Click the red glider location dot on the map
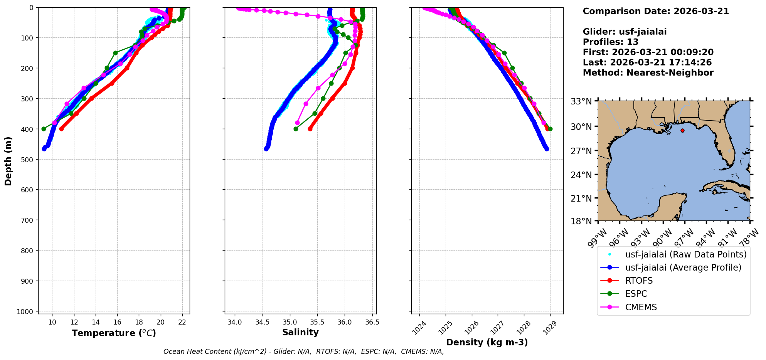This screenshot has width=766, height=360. pyautogui.click(x=682, y=131)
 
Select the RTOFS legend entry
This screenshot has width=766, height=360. pyautogui.click(x=639, y=281)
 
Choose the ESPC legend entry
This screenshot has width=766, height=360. pyautogui.click(x=636, y=294)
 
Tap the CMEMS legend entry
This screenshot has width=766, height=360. pyautogui.click(x=641, y=308)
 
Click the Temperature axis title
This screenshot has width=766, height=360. pyautogui.click(x=114, y=333)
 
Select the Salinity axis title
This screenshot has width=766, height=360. pyautogui.click(x=300, y=333)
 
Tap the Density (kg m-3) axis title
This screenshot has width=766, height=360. pyautogui.click(x=487, y=342)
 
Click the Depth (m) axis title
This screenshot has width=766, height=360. pyautogui.click(x=8, y=161)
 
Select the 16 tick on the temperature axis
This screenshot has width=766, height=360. pyautogui.click(x=118, y=322)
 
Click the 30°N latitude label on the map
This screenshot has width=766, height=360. pyautogui.click(x=581, y=127)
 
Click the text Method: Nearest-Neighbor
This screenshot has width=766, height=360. pyautogui.click(x=648, y=73)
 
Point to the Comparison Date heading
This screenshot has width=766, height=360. pyautogui.click(x=655, y=11)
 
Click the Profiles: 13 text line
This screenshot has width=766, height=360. pyautogui.click(x=610, y=42)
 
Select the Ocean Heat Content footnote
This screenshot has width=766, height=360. pyautogui.click(x=303, y=352)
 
